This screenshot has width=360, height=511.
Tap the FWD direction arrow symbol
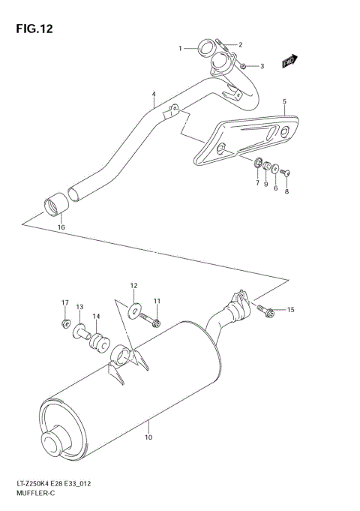coord(290,61)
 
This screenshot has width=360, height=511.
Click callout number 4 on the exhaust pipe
coord(153,95)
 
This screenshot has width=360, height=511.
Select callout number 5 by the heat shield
coord(285,101)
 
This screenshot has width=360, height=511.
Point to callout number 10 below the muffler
coord(148,437)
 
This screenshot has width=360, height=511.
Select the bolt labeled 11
coord(154,322)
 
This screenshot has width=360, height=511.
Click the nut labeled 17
coord(65,324)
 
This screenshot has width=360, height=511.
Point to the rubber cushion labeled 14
coord(96,341)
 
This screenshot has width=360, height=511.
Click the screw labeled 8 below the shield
coord(289,173)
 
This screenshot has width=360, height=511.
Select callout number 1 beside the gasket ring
coord(181,49)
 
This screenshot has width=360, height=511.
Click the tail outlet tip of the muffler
coord(53,440)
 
